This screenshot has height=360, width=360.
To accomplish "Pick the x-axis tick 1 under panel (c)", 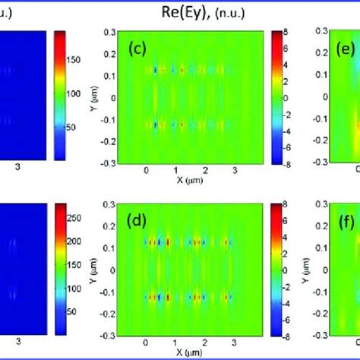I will click(175, 172).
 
